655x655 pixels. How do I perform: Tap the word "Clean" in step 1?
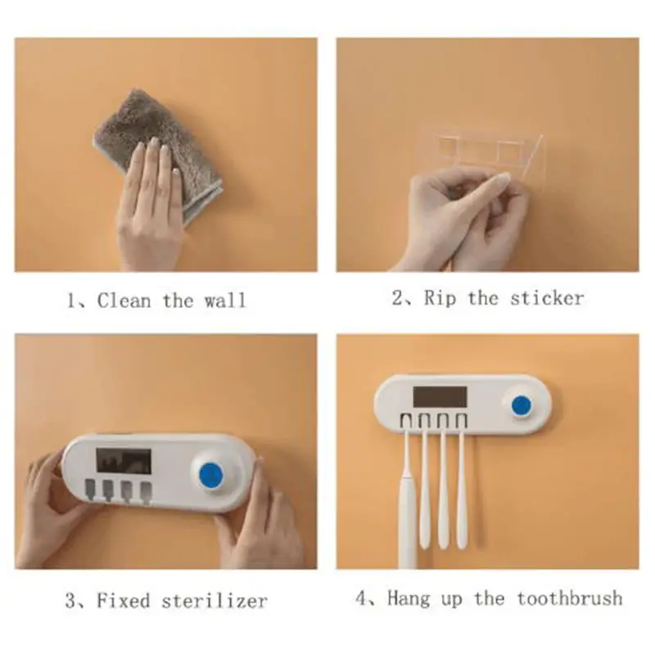[124, 300]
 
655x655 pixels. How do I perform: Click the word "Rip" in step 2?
[440, 299]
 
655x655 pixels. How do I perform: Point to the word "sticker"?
[547, 298]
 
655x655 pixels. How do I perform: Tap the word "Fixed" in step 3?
[124, 601]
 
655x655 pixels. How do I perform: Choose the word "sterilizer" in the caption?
[215, 601]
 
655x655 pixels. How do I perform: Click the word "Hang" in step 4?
[408, 599]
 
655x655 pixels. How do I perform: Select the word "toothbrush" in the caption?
[570, 599]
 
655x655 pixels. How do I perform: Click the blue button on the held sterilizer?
[211, 476]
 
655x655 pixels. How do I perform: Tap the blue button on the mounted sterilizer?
[522, 404]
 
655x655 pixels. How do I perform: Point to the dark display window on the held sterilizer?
[124, 461]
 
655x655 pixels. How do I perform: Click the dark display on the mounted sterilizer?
[440, 396]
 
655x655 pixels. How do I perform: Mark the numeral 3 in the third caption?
[70, 601]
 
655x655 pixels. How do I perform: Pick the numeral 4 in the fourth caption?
[361, 599]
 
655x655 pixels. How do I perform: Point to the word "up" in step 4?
[452, 600]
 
